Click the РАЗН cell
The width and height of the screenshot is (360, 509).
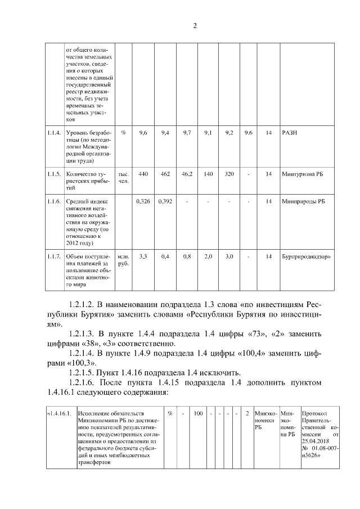tap(289, 133)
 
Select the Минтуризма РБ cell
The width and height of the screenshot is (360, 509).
tap(303, 174)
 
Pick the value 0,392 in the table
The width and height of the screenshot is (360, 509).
tap(165, 201)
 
